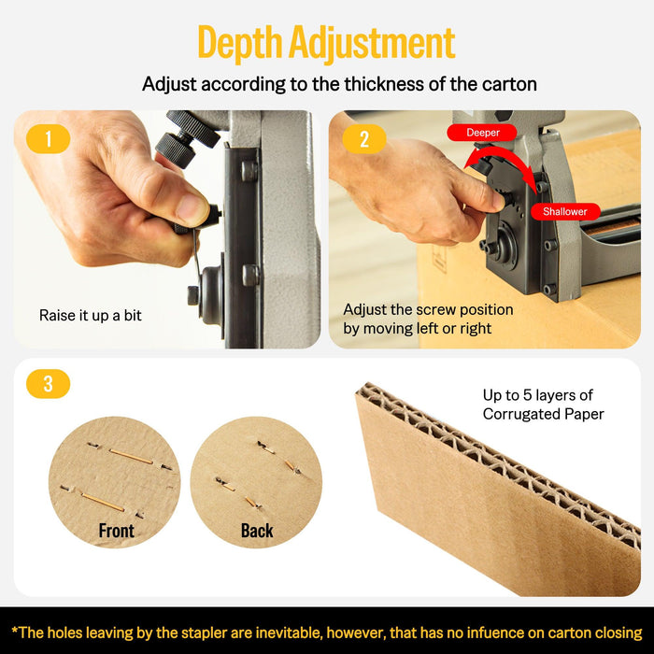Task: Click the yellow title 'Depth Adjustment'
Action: tap(326, 42)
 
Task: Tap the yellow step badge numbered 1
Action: tap(48, 138)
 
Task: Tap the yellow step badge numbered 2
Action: tap(363, 138)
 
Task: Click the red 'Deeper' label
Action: tap(482, 133)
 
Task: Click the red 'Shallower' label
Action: tap(564, 211)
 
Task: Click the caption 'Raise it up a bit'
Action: tap(91, 316)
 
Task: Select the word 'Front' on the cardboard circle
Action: tap(117, 531)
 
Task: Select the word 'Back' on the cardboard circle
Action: tap(257, 531)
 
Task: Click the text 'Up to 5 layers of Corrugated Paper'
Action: tap(543, 405)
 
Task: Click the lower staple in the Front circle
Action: tap(102, 501)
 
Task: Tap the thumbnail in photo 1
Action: tap(192, 208)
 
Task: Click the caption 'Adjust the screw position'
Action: tap(427, 309)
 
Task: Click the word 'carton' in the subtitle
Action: tap(510, 84)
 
